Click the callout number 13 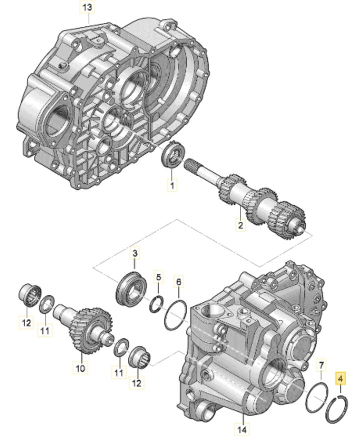point(86,8)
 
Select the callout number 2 point(240,226)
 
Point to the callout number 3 point(134,254)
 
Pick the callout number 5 point(158,276)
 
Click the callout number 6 point(178,283)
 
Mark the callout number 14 point(242,429)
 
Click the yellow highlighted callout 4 point(341,379)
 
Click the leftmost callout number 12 point(26,323)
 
